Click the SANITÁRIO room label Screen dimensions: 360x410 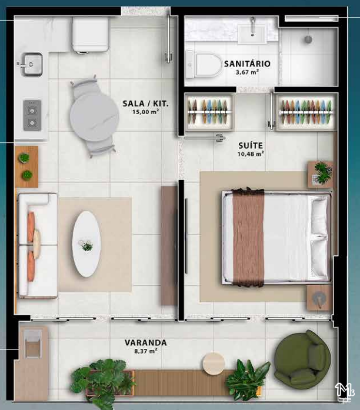click(x=247, y=64)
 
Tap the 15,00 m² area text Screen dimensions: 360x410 click(x=146, y=112)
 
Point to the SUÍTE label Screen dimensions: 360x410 click(x=251, y=145)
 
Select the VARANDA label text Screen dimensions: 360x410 click(x=146, y=342)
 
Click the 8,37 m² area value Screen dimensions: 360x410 click(x=146, y=351)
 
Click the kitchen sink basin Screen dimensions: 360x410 click(x=32, y=64)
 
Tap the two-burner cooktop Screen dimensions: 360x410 click(x=32, y=115)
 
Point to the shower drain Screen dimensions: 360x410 click(x=308, y=39)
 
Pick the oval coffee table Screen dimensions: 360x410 click(x=86, y=244)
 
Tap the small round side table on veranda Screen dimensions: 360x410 click(x=214, y=364)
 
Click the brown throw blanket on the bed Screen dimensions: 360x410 click(x=248, y=236)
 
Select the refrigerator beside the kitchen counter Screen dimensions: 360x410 click(x=91, y=35)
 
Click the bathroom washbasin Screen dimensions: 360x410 click(x=252, y=35)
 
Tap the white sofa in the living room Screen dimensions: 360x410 click(x=38, y=245)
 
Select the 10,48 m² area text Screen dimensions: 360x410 click(x=251, y=154)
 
